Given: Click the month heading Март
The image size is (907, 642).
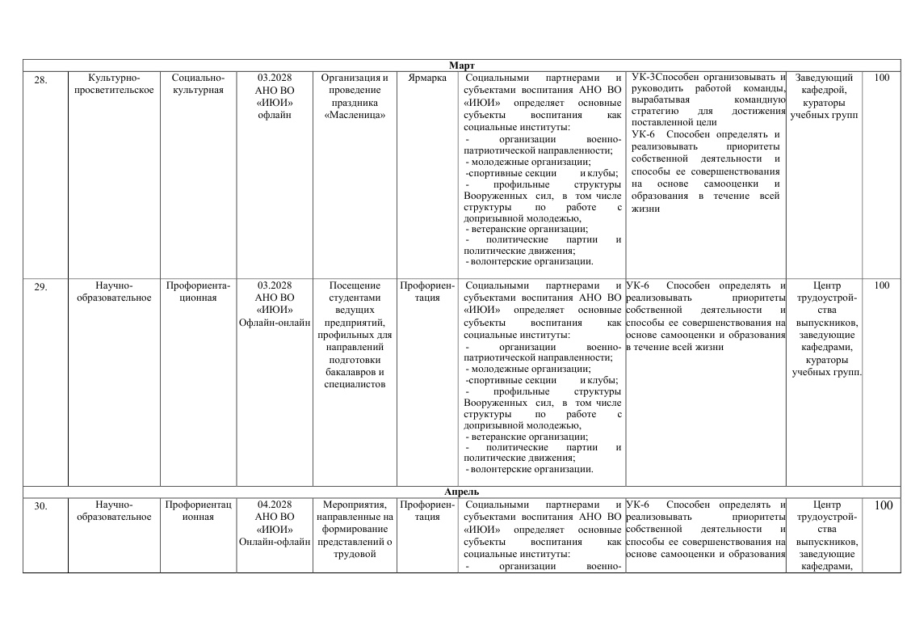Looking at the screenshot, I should click(461, 65).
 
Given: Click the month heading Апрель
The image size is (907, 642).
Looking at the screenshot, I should click(461, 491).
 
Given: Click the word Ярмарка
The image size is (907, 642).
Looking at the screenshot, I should click(427, 78).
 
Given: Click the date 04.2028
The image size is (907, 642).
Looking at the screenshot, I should click(275, 505).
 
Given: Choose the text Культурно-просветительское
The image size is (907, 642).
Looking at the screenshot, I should click(113, 84).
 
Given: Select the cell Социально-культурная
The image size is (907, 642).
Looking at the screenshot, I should click(198, 84).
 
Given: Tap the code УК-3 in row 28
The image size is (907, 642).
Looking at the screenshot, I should click(643, 77).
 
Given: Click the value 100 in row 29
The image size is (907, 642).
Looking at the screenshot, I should click(882, 285).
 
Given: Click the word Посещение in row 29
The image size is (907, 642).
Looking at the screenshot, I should click(355, 285).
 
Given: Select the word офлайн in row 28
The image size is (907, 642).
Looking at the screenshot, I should click(275, 115).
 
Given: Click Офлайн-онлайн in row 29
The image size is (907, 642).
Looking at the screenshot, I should click(275, 323).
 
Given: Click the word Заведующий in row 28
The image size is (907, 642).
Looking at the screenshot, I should click(825, 78).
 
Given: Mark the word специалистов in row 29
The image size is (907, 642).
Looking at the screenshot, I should click(355, 384).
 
